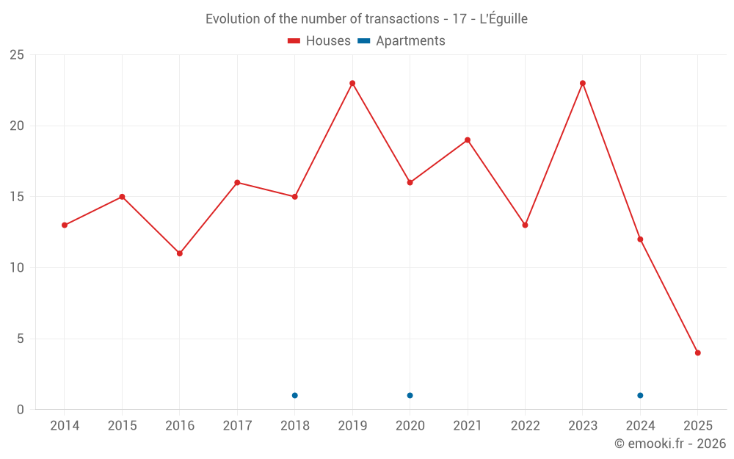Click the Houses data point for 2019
pos(352,83)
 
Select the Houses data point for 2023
pos(583,83)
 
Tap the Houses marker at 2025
pos(698,353)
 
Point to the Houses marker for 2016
pos(180,253)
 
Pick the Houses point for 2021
pos(468,140)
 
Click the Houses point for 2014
pos(65,225)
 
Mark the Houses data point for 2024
pos(640,239)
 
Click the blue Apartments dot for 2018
pos(295,395)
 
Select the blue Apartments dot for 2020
pos(410,395)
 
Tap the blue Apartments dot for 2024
pos(640,395)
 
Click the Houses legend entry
pos(319,41)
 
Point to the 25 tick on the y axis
pos(17,55)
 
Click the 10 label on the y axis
pos(17,268)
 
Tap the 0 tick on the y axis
pos(21,410)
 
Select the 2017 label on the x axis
pos(237,425)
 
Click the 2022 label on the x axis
pos(525,425)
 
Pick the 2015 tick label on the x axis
pos(122,425)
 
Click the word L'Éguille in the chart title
pos(504,19)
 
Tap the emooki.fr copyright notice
pos(669,444)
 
